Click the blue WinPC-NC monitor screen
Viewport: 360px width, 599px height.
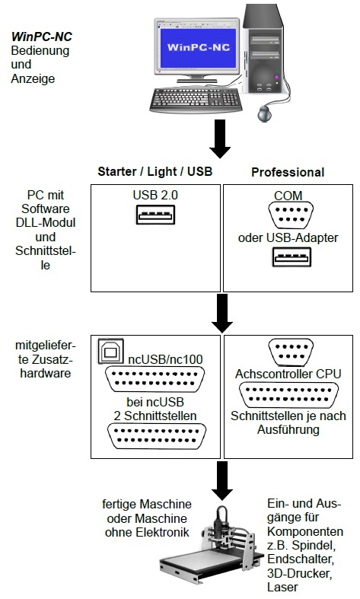coord(198,47)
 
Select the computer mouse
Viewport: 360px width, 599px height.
coord(264,114)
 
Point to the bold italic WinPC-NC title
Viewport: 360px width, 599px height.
coord(41,37)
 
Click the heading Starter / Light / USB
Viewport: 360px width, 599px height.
coord(155,171)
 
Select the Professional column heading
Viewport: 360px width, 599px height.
coord(288,172)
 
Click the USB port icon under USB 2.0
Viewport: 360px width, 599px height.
coord(155,215)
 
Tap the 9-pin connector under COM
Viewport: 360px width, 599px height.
coord(291,215)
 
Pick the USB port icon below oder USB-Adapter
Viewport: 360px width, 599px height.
coord(292,257)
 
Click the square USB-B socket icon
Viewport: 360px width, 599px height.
coord(111,351)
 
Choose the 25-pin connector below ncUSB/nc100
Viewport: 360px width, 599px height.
coord(155,379)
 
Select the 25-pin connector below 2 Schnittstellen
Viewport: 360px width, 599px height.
coord(157,435)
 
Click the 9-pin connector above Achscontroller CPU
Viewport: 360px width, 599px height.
coord(291,352)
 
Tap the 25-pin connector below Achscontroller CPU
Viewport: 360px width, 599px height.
coord(288,394)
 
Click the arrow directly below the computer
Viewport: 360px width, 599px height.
coord(220,139)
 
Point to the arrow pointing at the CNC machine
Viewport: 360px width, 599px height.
coord(222,480)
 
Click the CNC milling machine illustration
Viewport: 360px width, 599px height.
coord(212,546)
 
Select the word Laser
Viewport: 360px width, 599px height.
coord(282,587)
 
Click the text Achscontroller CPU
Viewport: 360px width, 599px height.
coord(288,374)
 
